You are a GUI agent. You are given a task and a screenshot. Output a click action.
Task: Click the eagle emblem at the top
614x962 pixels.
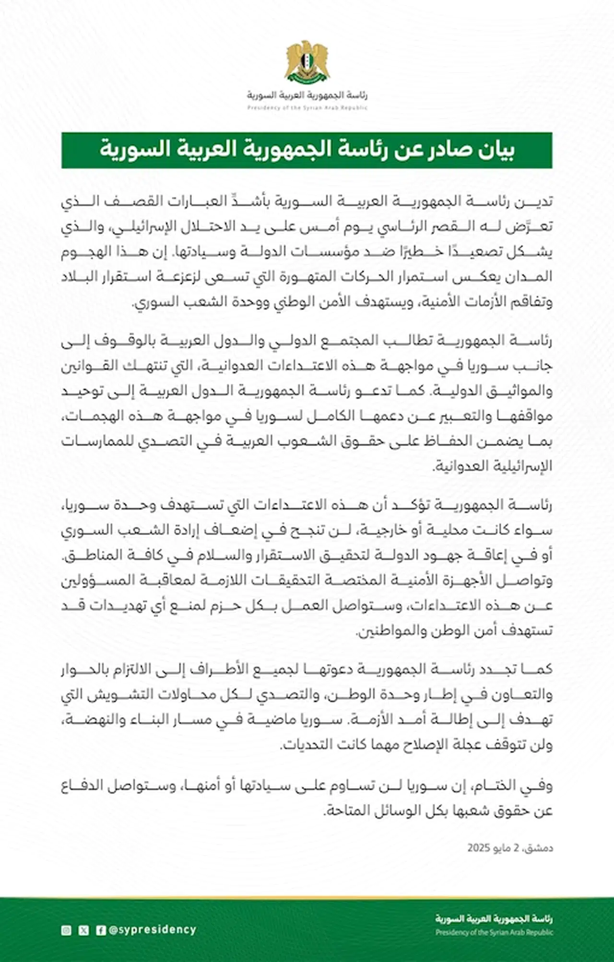click(307, 61)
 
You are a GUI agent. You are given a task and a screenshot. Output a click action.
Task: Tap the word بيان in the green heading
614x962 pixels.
click(495, 150)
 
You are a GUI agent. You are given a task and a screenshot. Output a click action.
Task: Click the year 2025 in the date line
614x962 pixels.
click(478, 848)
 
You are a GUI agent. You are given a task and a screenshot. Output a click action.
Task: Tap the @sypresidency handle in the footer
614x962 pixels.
click(153, 930)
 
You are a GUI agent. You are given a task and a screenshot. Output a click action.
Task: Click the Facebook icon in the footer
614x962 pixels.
click(101, 930)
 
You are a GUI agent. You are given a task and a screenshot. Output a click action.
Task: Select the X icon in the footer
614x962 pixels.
click(83, 930)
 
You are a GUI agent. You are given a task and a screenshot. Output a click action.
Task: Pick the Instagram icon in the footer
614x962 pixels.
click(66, 930)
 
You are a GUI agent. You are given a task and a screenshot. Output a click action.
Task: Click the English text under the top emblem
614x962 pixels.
click(307, 108)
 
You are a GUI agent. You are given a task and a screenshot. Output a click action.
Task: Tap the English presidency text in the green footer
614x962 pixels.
click(494, 932)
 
